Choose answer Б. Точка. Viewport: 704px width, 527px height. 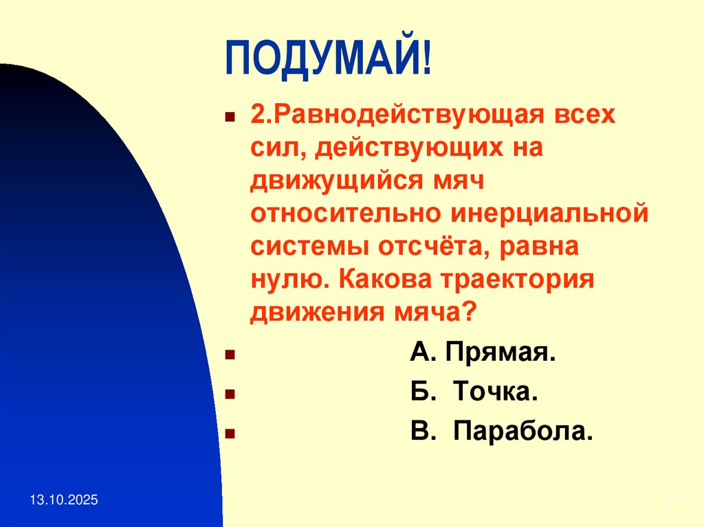474,393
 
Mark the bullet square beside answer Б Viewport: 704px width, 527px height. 230,395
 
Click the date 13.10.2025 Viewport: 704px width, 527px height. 63,502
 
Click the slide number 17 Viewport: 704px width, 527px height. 673,502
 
